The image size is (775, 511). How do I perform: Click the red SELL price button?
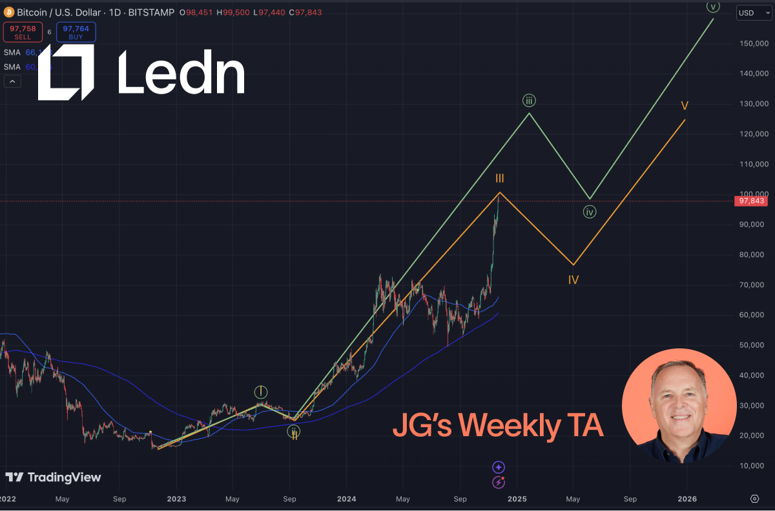click(23, 32)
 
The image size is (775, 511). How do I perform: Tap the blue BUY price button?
click(76, 32)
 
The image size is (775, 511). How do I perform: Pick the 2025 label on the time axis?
click(517, 499)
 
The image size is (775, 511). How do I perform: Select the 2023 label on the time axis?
click(176, 499)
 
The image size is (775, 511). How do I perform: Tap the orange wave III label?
click(500, 178)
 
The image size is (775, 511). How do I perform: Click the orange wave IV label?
click(573, 280)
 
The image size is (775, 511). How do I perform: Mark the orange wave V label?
click(684, 105)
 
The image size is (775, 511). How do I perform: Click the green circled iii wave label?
click(529, 101)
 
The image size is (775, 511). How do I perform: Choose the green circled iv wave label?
click(589, 212)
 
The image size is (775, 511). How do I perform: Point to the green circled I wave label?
click(260, 392)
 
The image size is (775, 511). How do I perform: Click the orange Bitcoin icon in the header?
click(9, 12)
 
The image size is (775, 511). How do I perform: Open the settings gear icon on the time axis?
click(754, 499)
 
